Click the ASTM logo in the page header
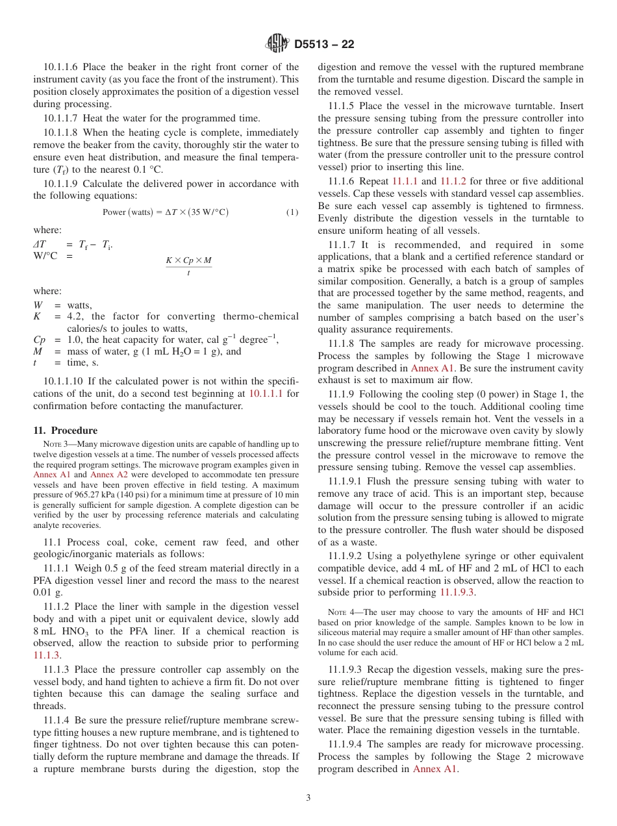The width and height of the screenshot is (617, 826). (277, 44)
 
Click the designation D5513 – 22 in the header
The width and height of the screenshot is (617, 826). (324, 45)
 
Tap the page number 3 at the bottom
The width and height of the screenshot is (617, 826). (308, 797)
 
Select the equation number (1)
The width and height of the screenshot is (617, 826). (292, 212)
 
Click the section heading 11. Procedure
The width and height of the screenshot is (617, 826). (65, 431)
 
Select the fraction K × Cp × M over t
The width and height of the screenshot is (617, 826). (188, 266)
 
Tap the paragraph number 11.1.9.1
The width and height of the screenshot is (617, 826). (345, 481)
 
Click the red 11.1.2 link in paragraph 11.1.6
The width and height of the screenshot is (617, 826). (453, 181)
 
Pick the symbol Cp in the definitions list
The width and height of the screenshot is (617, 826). (40, 340)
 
